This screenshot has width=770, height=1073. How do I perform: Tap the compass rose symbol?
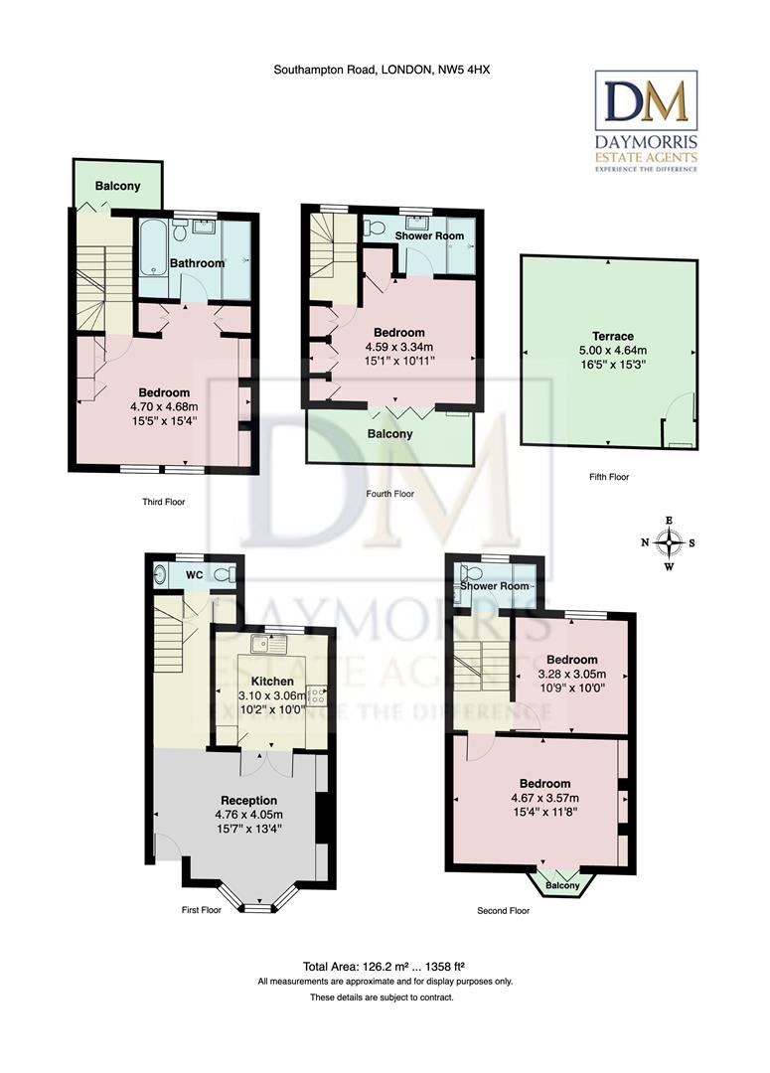(x=670, y=543)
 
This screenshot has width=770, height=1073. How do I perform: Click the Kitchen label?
(x=271, y=682)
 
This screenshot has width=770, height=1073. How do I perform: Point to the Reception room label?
(x=248, y=801)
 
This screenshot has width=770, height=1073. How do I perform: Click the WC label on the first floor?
(x=195, y=573)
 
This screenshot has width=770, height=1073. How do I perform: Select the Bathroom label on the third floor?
(x=197, y=263)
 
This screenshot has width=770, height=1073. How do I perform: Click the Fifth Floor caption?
(x=609, y=477)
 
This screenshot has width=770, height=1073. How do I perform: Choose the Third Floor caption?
(x=163, y=502)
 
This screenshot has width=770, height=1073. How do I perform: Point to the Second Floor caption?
(x=503, y=910)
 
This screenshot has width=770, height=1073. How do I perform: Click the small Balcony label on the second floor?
(x=562, y=885)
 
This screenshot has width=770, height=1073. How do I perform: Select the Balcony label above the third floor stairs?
(x=117, y=187)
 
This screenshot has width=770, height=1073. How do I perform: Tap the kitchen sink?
(x=269, y=645)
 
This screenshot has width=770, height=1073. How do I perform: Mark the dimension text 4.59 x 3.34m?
(x=398, y=347)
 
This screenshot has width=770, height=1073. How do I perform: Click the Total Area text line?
(x=385, y=966)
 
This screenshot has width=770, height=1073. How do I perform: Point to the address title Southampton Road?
(x=383, y=70)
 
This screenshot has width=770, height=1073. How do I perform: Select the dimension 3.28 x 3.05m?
(x=571, y=674)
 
